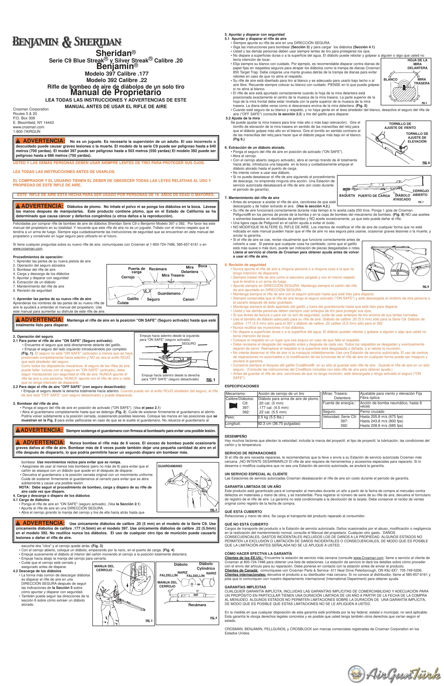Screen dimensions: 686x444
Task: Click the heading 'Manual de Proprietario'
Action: click(x=116, y=93)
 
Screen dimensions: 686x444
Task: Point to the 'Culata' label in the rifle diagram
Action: click(x=123, y=303)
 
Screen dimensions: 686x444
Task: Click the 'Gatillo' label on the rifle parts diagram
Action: click(x=133, y=299)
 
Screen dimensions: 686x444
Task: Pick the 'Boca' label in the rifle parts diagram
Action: click(x=203, y=266)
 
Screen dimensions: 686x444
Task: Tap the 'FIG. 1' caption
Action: click(x=211, y=380)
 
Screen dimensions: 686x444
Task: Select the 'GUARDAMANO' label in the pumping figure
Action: click(x=170, y=466)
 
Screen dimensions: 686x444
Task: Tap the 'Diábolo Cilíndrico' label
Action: click(x=206, y=566)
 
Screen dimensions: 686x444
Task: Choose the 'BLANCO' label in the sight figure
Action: click(x=390, y=79)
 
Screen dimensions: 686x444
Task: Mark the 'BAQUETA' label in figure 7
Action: click(x=347, y=196)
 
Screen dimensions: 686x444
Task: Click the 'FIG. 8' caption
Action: click(x=426, y=287)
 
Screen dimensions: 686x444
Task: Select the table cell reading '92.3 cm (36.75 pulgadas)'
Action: click(x=279, y=424)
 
